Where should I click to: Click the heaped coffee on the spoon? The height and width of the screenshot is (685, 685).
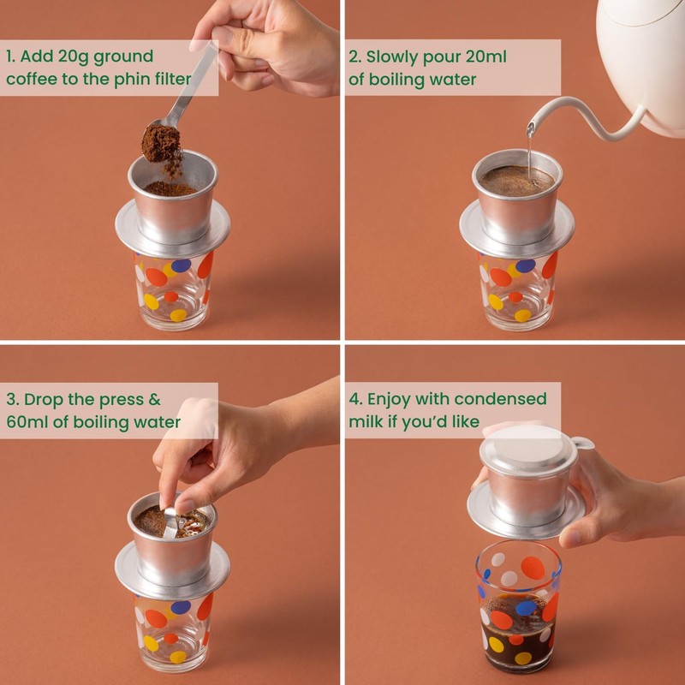(x=161, y=143)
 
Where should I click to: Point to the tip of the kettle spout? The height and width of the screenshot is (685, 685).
(x=530, y=128)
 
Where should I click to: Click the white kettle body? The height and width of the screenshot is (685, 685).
(x=644, y=61)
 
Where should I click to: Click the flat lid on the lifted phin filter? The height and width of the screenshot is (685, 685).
(x=528, y=450)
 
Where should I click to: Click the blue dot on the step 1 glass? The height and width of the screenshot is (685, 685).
(x=181, y=265)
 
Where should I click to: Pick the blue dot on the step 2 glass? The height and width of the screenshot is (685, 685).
(x=525, y=265)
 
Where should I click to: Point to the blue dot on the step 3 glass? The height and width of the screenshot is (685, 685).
(x=181, y=607)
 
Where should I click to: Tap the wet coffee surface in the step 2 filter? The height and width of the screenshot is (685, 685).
(x=516, y=180)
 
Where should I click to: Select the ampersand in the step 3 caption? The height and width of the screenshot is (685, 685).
(x=155, y=400)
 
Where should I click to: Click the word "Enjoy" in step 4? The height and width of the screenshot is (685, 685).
(x=389, y=400)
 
